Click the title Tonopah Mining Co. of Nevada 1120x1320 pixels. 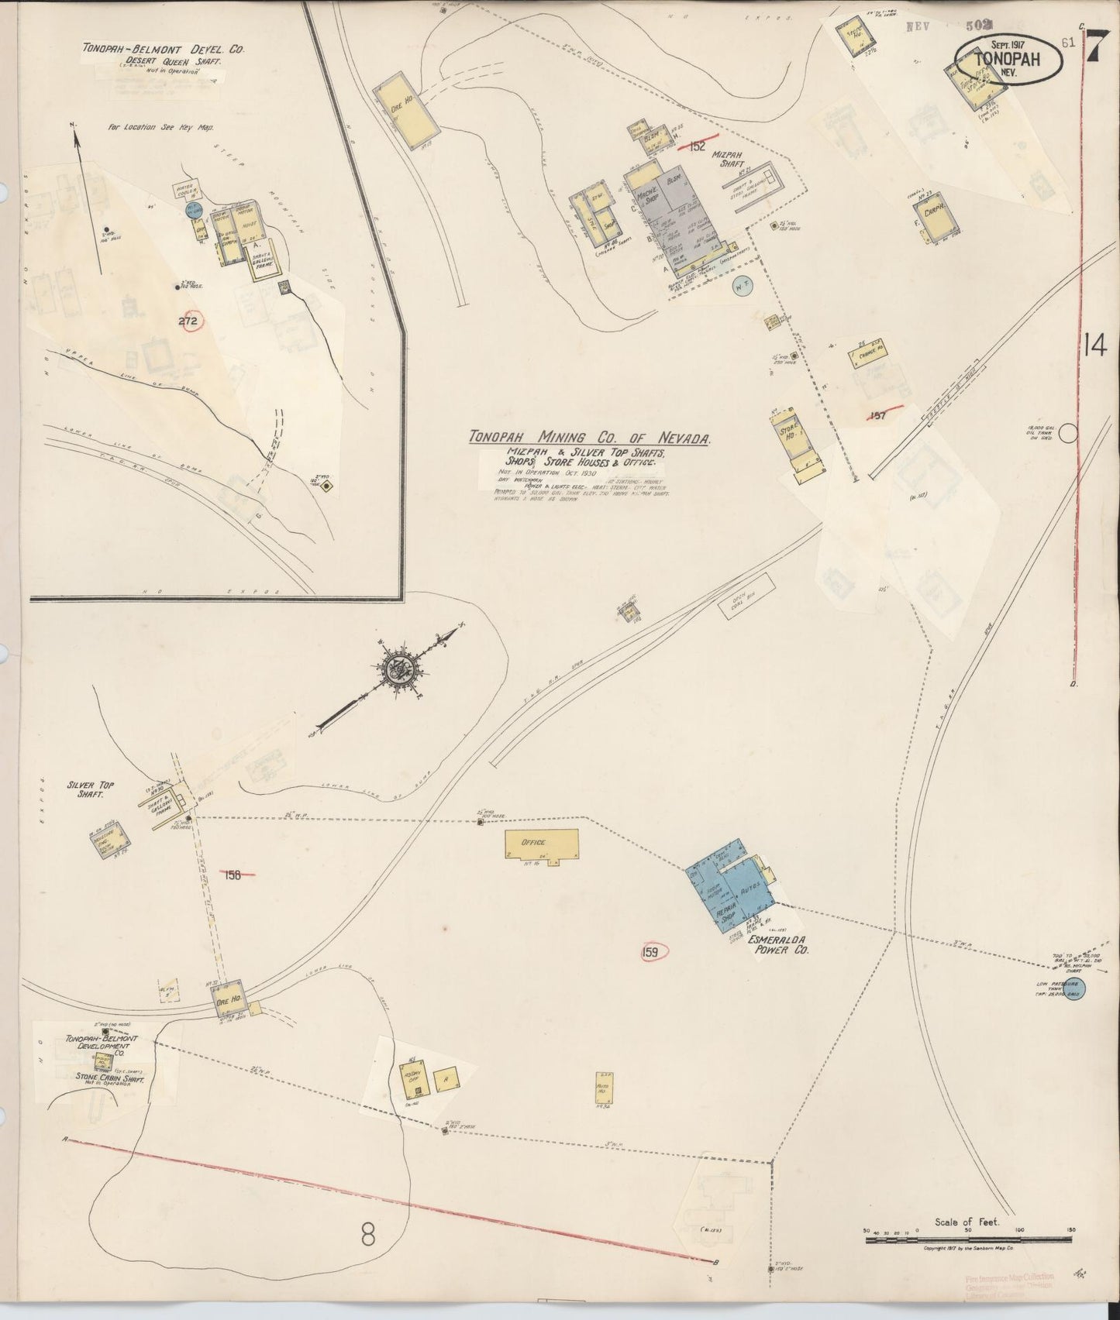click(x=589, y=438)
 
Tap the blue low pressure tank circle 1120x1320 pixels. click(x=1073, y=991)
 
